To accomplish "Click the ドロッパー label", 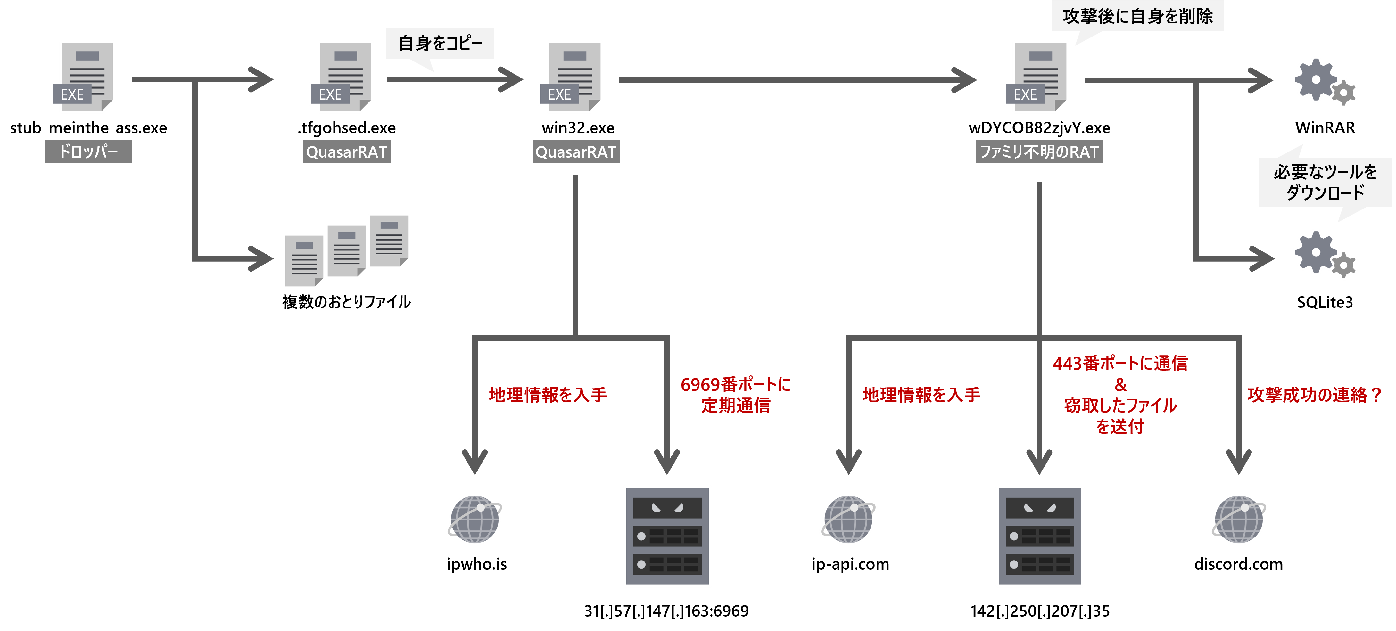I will point(88,152).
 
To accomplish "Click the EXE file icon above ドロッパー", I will point(83,77).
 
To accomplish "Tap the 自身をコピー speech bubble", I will point(440,43).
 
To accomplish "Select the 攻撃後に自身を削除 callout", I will point(1137,16).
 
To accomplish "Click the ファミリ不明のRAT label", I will point(1039,152).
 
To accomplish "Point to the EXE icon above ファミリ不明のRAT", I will point(1037,77).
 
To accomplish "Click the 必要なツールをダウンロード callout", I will point(1325,182).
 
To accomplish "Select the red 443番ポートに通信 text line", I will point(1119,363).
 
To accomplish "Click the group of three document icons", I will point(347,251).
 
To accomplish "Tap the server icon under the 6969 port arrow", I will point(667,536).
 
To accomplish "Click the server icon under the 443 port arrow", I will point(1039,536).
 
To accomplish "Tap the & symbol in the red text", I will point(1120,385).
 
